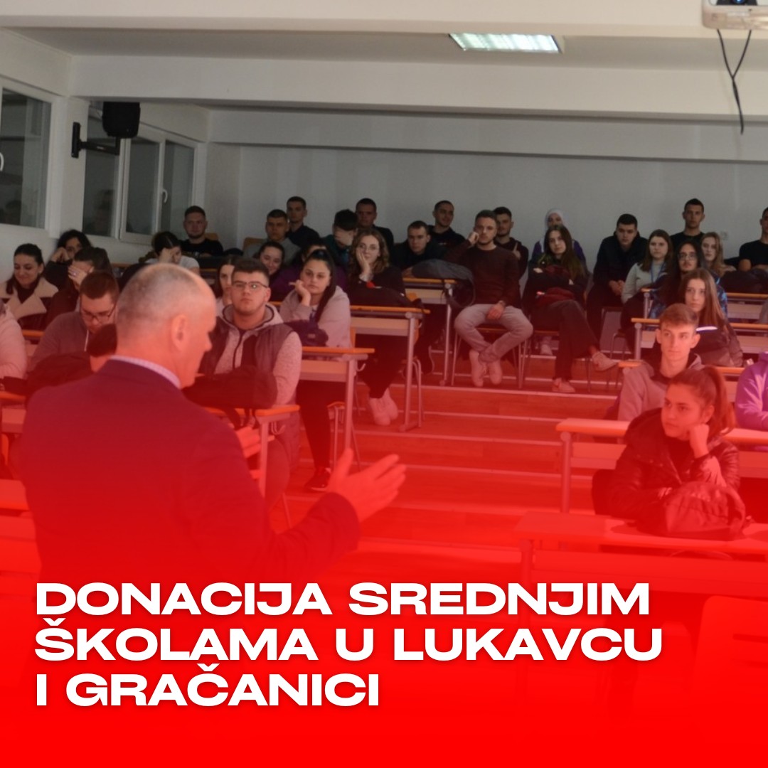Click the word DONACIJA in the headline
point(183,599)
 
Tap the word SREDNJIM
point(498,599)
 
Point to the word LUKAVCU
point(528,645)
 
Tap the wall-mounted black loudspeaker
point(120,119)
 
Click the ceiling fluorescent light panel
point(506,42)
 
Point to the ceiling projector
point(735,14)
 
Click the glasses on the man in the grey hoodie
point(250,285)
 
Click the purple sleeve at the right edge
point(752,392)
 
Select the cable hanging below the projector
point(735,78)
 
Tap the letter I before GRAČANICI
point(42,689)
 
